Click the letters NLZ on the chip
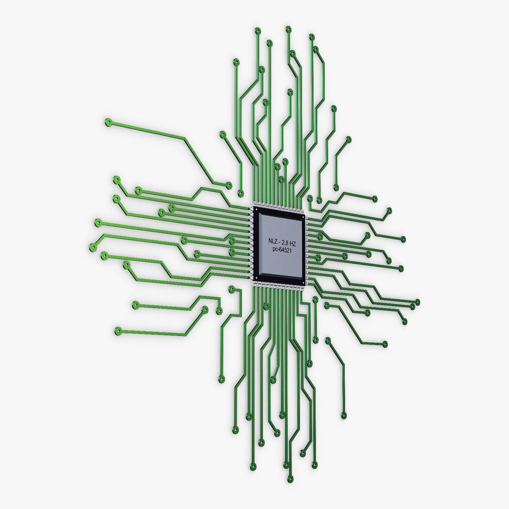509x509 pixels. pos(272,241)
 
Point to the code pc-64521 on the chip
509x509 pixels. pos(282,250)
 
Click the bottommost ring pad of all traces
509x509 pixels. pos(290,479)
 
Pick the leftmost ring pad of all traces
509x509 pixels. pos(92,247)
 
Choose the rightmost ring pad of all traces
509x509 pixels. pos(418,302)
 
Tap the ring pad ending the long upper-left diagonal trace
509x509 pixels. pos(108,122)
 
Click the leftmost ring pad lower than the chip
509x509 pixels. pos(118,330)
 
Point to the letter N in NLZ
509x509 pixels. pos(270,241)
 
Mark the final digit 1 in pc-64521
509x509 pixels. pos(291,251)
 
